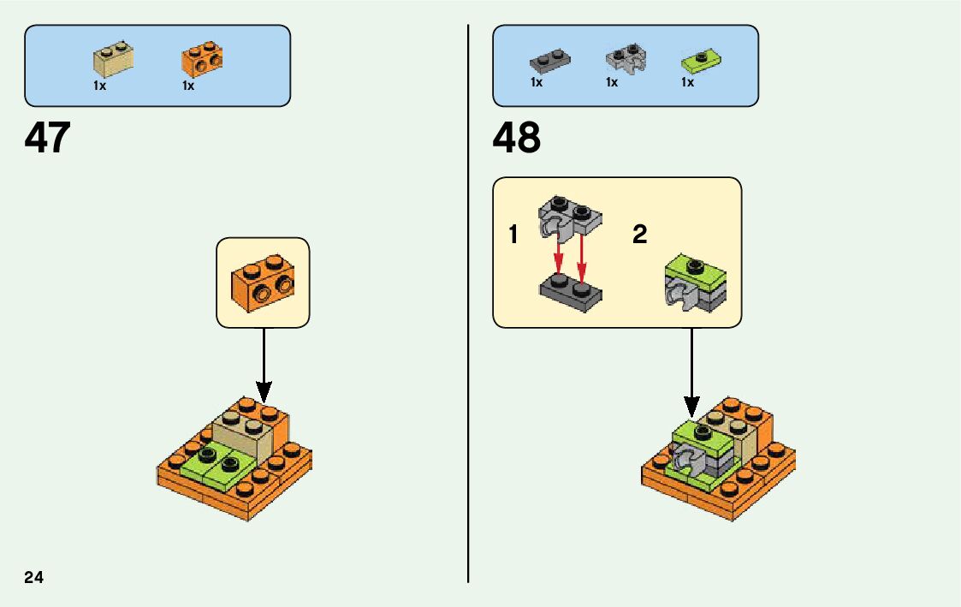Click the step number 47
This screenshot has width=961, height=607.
[48, 138]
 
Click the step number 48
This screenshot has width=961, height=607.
[517, 138]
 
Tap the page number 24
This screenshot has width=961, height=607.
[34, 577]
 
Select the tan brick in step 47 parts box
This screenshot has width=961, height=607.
[113, 58]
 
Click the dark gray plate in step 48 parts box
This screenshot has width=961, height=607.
[549, 61]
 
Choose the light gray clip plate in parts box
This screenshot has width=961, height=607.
[626, 59]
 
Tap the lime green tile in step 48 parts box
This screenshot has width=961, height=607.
[700, 60]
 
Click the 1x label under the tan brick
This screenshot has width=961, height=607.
[100, 86]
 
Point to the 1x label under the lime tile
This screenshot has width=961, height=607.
[687, 83]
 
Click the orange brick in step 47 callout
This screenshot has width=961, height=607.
[263, 281]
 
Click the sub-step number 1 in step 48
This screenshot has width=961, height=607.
[513, 235]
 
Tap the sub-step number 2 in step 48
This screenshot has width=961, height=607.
[639, 235]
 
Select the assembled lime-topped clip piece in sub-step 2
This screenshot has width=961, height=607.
[694, 282]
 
